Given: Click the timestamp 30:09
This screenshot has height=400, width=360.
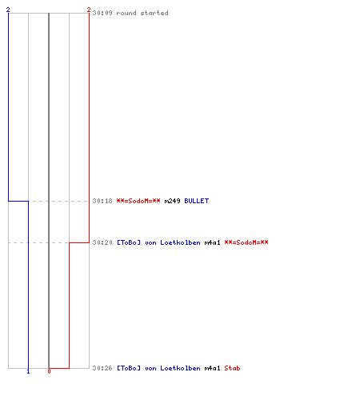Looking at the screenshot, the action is click(x=102, y=13).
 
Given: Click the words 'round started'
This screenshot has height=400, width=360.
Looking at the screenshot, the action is click(x=142, y=13).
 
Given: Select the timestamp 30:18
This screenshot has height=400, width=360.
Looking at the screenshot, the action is click(x=102, y=201).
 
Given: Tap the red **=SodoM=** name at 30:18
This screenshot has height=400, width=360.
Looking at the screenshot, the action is click(x=138, y=201).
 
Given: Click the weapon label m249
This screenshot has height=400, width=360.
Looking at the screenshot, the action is click(x=172, y=201).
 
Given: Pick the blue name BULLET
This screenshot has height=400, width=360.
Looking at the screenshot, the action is click(x=197, y=201).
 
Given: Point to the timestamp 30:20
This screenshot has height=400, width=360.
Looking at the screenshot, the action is click(x=102, y=242).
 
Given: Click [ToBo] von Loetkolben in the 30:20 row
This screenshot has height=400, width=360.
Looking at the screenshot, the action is click(x=158, y=242).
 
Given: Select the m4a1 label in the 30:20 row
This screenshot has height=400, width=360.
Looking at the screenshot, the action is click(x=213, y=242).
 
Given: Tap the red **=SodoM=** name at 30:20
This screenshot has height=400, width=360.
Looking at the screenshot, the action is click(x=246, y=242).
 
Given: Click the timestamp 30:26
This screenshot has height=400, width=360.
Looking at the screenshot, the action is click(x=102, y=368).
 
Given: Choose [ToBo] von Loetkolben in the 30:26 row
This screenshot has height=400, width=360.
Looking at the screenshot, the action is click(x=158, y=368).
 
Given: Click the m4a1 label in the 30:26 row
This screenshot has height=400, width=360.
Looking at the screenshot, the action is click(x=213, y=368).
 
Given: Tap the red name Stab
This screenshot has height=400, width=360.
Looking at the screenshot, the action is click(x=232, y=368).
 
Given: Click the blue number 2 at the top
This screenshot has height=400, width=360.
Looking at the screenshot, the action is click(x=8, y=10).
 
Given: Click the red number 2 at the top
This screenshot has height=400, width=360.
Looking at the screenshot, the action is click(x=89, y=10).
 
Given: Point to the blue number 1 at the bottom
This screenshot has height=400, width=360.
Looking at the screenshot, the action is click(x=29, y=371).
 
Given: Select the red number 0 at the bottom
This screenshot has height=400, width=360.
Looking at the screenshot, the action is click(x=49, y=371).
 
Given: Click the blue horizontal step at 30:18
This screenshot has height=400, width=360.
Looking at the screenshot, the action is click(x=18, y=201).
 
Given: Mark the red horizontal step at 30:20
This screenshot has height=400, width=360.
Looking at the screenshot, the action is click(x=79, y=242).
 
